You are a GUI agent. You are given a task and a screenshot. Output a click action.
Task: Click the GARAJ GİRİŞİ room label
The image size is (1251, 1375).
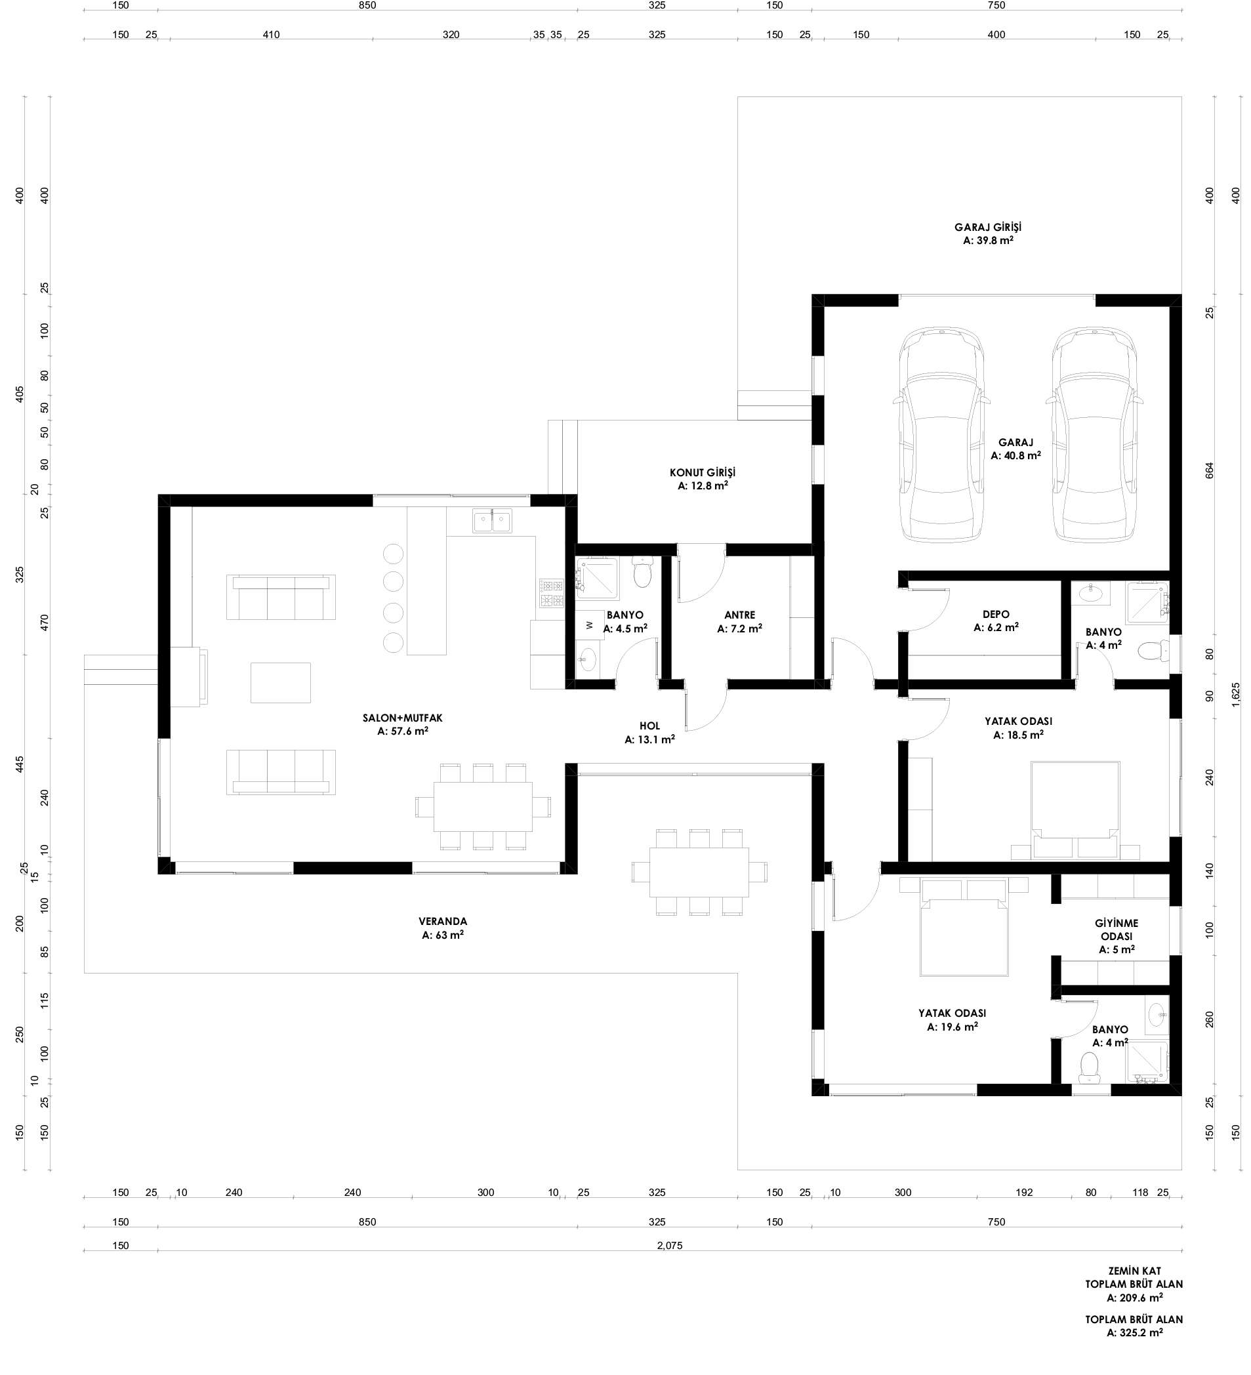[988, 227]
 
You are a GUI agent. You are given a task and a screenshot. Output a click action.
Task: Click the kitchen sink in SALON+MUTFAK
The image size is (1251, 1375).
[492, 520]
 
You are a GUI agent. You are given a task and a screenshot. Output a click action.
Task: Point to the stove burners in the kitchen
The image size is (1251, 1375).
[552, 592]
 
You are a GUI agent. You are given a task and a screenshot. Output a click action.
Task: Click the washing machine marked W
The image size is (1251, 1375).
[589, 625]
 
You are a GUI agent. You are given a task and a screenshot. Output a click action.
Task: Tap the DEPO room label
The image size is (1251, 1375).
[996, 615]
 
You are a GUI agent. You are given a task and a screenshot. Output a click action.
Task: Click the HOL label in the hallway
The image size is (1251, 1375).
[649, 726]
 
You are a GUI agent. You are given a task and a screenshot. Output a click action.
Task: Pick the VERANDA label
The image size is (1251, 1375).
[443, 922]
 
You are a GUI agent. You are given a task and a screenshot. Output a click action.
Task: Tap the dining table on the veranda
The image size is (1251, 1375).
[699, 872]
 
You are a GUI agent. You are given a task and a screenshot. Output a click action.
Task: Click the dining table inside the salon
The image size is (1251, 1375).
[483, 806]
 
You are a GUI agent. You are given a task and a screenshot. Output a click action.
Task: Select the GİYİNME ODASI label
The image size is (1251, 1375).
[1117, 930]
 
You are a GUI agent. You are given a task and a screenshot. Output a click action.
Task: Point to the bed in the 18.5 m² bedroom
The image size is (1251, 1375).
[1075, 810]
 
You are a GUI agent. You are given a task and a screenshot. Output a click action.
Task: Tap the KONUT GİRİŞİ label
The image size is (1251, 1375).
[703, 472]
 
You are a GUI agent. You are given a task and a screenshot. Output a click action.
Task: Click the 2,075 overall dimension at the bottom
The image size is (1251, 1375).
[669, 1245]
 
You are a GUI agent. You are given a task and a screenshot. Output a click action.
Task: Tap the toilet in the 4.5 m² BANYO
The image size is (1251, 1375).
[642, 572]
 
